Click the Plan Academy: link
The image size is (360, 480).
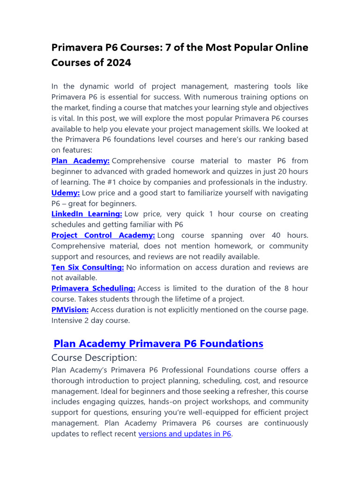(80, 161)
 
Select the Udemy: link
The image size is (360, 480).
(66, 193)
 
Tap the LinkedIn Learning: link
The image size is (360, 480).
(87, 214)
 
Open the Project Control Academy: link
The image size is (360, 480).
(103, 235)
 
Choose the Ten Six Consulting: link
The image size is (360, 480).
(88, 267)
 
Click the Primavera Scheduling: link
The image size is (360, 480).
(93, 288)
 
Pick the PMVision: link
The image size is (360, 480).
(70, 310)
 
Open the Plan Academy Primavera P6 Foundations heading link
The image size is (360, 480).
(158, 344)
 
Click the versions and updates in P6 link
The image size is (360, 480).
(185, 434)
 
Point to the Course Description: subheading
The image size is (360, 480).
(94, 358)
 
